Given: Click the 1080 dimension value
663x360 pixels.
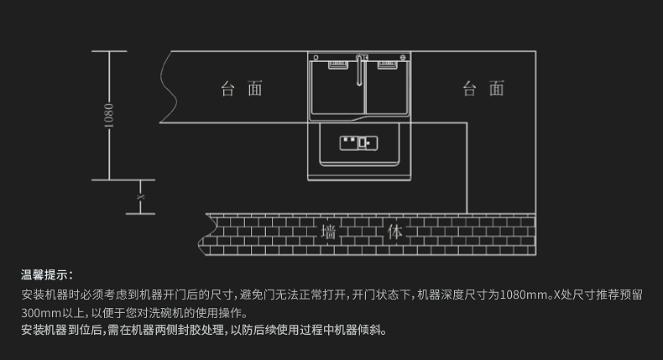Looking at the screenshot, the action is click(108, 116).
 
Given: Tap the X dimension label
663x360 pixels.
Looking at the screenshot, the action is click(140, 197).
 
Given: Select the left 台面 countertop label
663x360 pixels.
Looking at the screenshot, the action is click(242, 89).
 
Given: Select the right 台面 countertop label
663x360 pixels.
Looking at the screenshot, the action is click(483, 89).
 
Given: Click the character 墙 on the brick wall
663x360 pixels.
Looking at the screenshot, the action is click(328, 232).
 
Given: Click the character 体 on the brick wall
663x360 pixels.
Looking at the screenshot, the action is click(395, 232).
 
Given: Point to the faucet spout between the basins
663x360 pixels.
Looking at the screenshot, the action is click(360, 70).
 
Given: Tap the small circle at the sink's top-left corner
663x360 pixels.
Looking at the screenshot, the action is click(316, 58).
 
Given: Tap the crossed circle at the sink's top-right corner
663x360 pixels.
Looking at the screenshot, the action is click(403, 58).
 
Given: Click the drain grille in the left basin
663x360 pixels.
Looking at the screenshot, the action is click(338, 65).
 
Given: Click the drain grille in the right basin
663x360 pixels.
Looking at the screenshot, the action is click(388, 65).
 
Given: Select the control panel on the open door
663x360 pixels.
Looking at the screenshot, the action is click(358, 143).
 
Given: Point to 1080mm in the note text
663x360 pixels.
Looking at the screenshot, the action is click(525, 295).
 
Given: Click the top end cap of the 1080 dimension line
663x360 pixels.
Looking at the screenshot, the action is click(109, 51).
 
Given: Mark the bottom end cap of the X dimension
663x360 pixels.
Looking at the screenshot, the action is click(140, 214).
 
